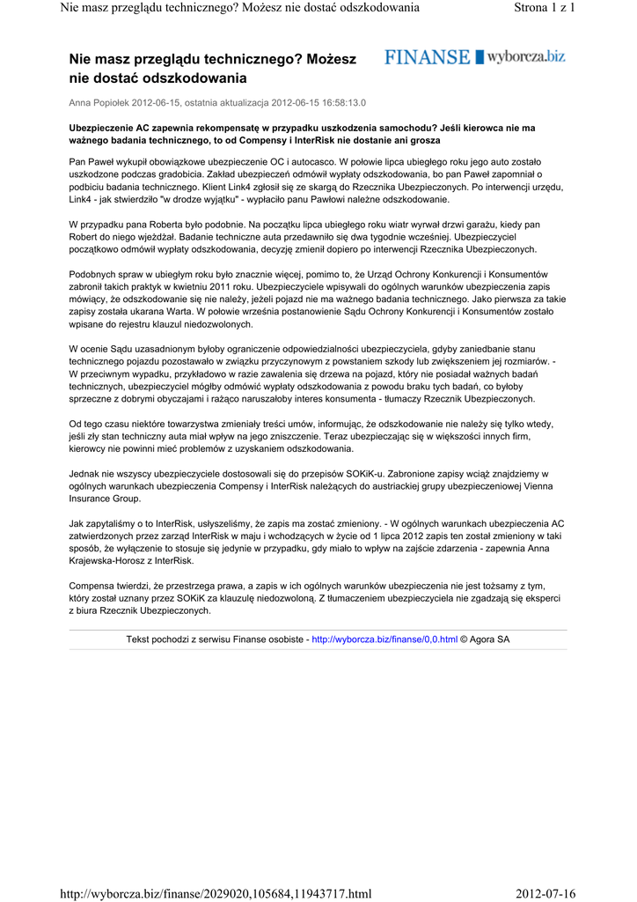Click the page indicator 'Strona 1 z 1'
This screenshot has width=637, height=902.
[x=544, y=8]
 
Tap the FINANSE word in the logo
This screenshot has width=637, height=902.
[x=427, y=57]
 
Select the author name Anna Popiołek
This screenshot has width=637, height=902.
[x=99, y=102]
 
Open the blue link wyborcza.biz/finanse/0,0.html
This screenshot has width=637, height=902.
[x=384, y=639]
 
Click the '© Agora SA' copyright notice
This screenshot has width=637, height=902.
[x=485, y=639]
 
